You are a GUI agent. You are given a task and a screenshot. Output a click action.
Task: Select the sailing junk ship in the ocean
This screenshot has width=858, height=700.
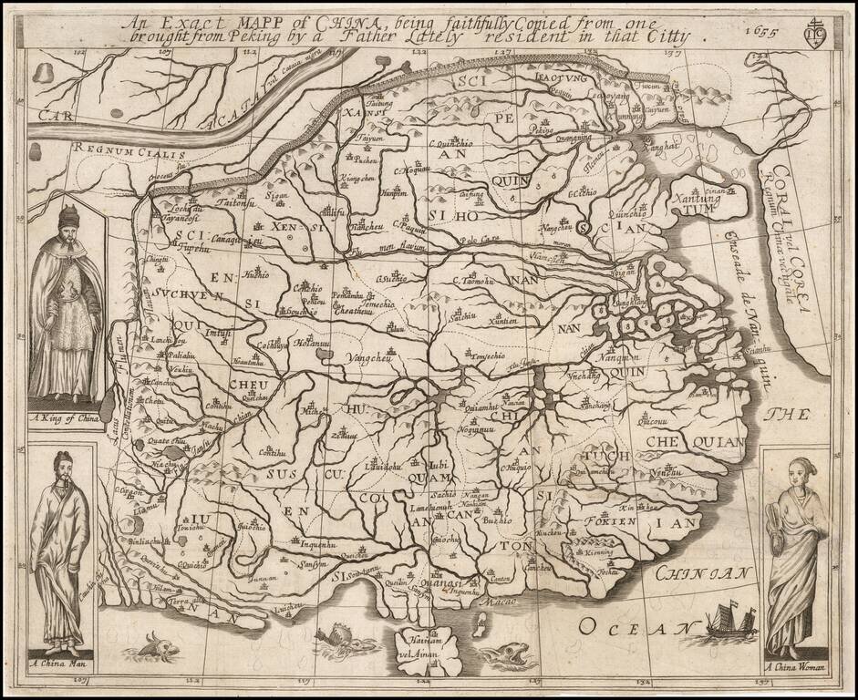point(732,622)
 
